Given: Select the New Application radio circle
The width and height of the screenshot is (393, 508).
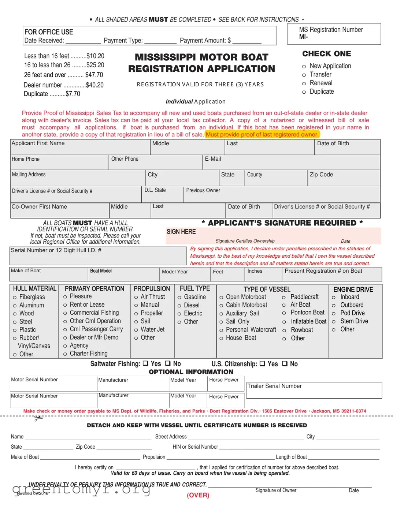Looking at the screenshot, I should coord(304,67).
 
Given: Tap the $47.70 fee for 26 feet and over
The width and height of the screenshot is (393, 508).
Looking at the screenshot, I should coord(94,75).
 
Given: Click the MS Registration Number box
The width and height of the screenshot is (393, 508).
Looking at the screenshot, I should coord(334,34).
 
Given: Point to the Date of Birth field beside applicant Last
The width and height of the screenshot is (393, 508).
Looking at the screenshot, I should coord(346,147).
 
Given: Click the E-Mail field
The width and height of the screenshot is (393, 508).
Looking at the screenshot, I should coord(291,163).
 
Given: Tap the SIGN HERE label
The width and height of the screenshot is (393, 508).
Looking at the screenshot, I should coord(181,232).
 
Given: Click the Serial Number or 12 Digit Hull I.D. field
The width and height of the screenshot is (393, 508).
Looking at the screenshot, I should coord(98,256).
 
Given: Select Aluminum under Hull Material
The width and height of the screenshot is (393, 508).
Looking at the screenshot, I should coord(15,306).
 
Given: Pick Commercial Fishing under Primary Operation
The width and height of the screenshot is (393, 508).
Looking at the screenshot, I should coord(65,313).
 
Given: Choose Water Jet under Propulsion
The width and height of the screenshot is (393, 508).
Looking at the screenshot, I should coord(136,330).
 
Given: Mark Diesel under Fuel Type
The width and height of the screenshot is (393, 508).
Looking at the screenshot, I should coord(179,306).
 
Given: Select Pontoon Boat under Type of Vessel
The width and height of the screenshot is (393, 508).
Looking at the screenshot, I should coord(284,313).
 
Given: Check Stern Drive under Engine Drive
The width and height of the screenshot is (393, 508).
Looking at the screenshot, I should coord(334,322).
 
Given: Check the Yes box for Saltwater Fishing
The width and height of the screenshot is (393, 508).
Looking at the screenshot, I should coord(145,363).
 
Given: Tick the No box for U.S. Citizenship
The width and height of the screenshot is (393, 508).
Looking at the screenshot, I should coord(285,364).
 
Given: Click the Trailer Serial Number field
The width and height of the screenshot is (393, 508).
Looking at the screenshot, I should coord(314,390).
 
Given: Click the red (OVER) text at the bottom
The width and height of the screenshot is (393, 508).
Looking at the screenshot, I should coord(198,495).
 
